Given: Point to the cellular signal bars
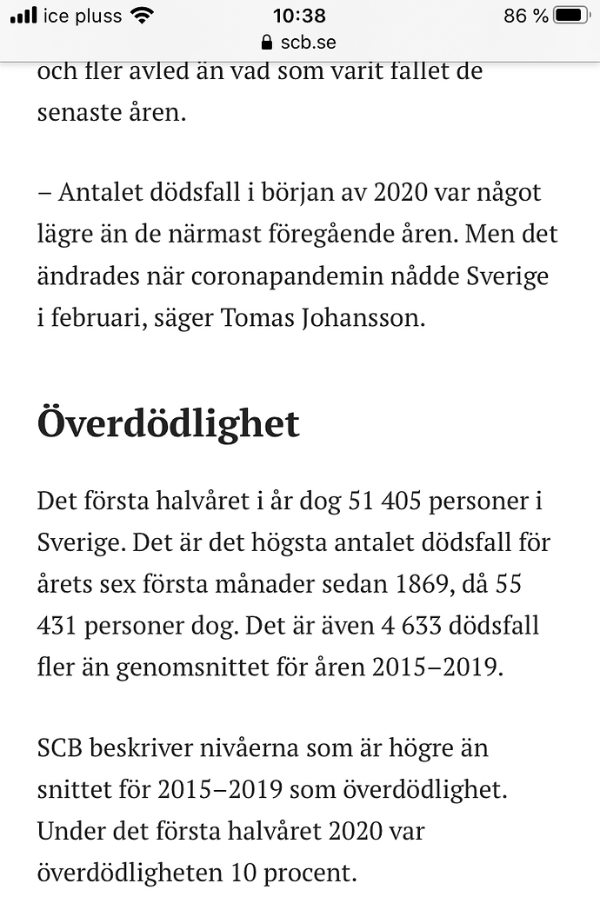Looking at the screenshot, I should tap(23, 16).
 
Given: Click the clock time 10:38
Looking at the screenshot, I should tap(299, 16).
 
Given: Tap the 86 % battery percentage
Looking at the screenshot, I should tap(525, 16).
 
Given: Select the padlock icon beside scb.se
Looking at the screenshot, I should tap(267, 42).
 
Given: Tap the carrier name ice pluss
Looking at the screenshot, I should tap(83, 16).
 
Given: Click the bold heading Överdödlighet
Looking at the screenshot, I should tap(168, 423).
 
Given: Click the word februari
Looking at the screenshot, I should tap(97, 318).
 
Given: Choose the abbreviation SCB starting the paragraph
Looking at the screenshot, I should tap(65, 747).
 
